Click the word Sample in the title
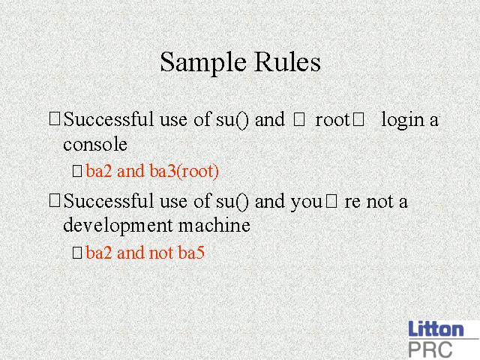click(x=203, y=63)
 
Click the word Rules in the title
click(x=287, y=61)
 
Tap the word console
click(x=95, y=144)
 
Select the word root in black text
click(x=332, y=120)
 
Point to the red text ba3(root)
click(x=184, y=171)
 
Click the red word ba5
click(x=191, y=253)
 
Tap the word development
click(x=118, y=226)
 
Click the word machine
click(x=214, y=225)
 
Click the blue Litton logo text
click(x=436, y=329)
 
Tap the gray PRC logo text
click(x=430, y=349)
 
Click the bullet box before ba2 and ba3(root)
click(x=77, y=171)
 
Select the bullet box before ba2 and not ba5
click(x=77, y=253)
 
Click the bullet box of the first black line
click(x=55, y=119)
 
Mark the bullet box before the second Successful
click(x=55, y=201)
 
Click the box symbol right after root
click(x=358, y=119)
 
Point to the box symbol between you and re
click(x=331, y=201)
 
